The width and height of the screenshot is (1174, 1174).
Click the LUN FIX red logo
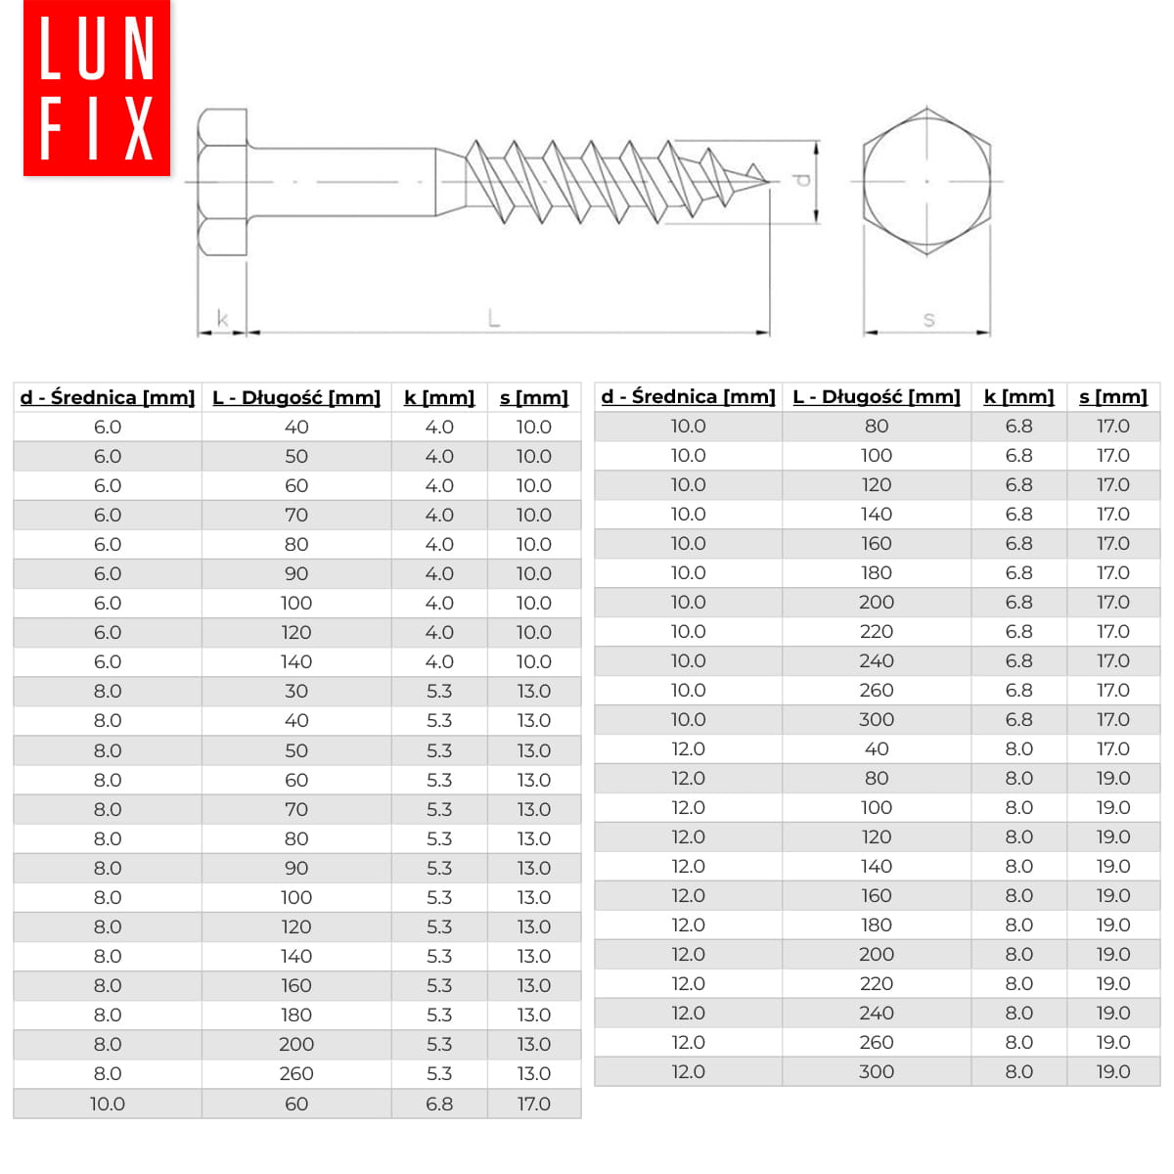(x=96, y=88)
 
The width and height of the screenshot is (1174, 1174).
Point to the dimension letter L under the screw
(x=494, y=317)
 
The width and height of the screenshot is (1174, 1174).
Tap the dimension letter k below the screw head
(x=222, y=318)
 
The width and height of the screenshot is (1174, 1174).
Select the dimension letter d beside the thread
(x=802, y=181)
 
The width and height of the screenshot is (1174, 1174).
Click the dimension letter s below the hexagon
(x=928, y=318)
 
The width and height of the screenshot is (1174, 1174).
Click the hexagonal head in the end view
(x=926, y=181)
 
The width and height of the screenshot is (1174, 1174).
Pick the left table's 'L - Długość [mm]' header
(x=296, y=397)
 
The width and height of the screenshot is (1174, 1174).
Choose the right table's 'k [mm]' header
(x=1018, y=396)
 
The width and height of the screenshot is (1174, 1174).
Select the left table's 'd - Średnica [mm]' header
(x=108, y=397)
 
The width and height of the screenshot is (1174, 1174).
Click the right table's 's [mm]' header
(x=1112, y=396)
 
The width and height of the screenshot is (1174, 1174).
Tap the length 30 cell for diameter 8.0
(x=296, y=691)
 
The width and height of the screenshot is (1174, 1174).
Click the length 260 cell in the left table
(x=296, y=1073)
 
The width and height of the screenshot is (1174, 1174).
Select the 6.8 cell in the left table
(x=439, y=1104)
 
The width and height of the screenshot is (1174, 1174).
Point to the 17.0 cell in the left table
(x=534, y=1104)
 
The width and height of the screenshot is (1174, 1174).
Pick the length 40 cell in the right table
(x=877, y=748)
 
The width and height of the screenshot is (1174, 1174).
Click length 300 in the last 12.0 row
(x=877, y=1071)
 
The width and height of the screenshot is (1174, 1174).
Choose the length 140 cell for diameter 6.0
(x=296, y=661)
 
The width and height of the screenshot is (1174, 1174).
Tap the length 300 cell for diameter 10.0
(x=877, y=719)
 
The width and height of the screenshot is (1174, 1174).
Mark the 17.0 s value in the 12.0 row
(x=1112, y=748)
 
